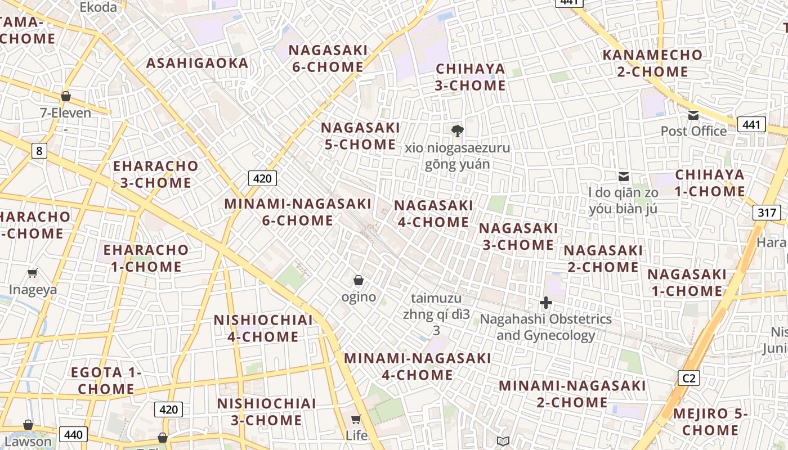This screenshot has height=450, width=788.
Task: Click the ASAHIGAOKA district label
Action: pos(197,63)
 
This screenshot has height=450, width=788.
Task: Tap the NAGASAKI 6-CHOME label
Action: pos(328,58)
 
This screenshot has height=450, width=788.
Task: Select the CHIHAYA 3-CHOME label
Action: pos(471,77)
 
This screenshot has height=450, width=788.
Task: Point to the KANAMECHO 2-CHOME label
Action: pos(652,63)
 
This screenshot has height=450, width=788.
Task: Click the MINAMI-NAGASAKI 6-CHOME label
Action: pos(298,211)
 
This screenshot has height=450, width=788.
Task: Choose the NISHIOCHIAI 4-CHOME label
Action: pos(263,328)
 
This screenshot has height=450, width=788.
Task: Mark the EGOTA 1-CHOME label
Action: pos(106,380)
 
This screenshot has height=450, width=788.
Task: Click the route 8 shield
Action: pos(39,151)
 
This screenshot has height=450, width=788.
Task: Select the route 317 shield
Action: pos(766,213)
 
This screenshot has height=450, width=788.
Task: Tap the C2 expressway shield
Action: pos(689,378)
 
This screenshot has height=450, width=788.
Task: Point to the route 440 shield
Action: pos(73,434)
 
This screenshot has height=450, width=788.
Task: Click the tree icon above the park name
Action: pos(457,131)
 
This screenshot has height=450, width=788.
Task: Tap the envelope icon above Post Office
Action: pos(693,115)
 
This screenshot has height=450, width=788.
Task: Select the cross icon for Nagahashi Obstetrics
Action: pos(545,303)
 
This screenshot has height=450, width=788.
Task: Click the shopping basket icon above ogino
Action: pos(359,280)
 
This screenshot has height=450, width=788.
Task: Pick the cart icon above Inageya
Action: pos(33,273)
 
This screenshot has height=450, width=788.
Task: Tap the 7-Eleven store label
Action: pos(65,113)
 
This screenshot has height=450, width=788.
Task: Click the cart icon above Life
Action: pos(356,419)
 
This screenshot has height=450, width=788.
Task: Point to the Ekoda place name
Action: pos(98,7)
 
